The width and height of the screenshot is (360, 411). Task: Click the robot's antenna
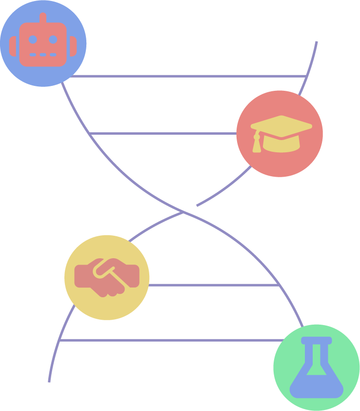tap(43, 18)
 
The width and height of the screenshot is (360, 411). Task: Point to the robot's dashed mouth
tap(43, 55)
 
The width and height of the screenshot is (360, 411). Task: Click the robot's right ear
tap(73, 46)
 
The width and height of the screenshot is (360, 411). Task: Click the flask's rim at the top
tap(317, 340)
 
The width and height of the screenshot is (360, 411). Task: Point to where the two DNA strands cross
tap(183, 212)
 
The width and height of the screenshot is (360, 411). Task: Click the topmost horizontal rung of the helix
tap(188, 76)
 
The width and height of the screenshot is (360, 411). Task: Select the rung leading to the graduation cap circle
tap(163, 133)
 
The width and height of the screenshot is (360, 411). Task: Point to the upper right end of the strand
tap(317, 42)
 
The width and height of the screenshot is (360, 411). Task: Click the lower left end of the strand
tap(49, 381)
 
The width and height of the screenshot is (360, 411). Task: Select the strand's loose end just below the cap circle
tap(198, 205)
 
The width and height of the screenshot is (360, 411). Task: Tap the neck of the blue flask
tap(317, 354)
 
